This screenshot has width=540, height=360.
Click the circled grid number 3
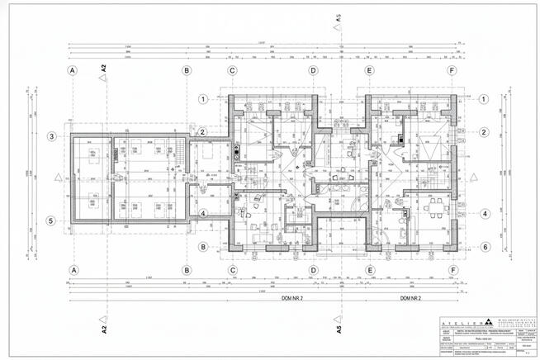point(50,136)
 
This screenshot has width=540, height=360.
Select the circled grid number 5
point(50,220)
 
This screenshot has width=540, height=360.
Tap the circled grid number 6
point(486,246)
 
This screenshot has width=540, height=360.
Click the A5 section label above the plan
point(339,19)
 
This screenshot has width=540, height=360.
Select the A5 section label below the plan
point(339,329)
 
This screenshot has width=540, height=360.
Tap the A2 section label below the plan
point(105,329)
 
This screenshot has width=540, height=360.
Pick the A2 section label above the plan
point(104,71)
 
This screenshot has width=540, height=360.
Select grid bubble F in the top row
point(452,71)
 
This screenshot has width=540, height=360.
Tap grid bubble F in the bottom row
point(452,270)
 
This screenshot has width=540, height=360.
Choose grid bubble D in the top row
point(313,71)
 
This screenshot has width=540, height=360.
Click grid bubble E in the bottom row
point(370,270)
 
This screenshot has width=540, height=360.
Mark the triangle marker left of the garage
point(54,177)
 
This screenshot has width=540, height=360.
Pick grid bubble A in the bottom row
point(73,270)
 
